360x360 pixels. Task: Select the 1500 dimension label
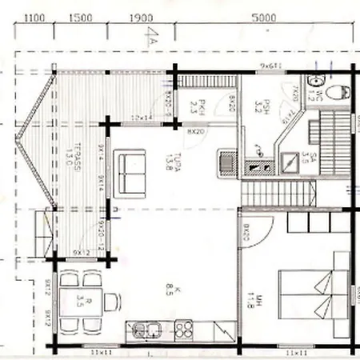click(78, 17)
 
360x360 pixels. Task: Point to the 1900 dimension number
click(139, 17)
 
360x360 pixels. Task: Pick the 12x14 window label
click(142, 118)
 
